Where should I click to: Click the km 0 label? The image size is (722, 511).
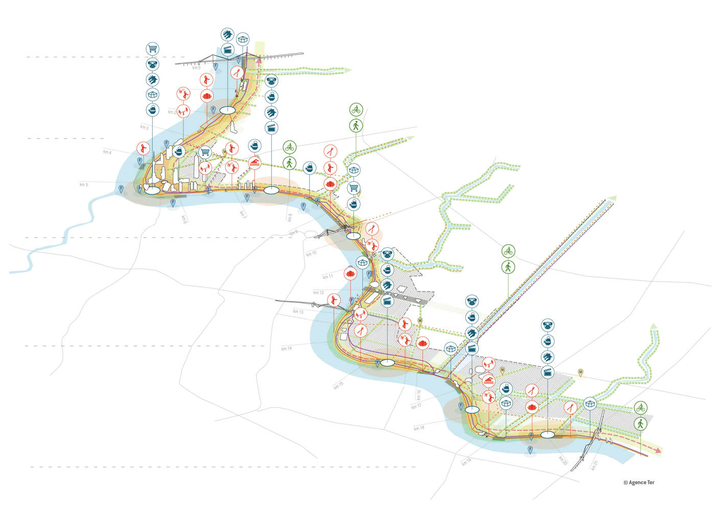coord(196,67)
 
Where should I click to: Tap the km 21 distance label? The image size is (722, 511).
coord(594,466)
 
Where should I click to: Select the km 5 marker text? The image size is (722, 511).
coord(83,184)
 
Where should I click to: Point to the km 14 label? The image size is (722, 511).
coord(286,349)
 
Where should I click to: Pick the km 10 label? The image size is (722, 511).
coord(311,253)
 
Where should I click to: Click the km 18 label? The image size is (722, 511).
coord(419,428)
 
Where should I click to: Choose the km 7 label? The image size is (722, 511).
coord(243,215)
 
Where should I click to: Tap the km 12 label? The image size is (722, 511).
coord(318,292)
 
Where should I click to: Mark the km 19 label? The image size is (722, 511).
coord(466,462)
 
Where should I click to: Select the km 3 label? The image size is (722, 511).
coord(144,127)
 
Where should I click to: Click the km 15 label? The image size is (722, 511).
coord(338,385)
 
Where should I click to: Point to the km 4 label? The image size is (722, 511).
coord(107,152)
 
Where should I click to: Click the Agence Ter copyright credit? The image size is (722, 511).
coord(639,482)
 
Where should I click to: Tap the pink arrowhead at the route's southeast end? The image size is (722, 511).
coord(658,451)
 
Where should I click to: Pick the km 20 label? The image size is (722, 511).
coord(563,460)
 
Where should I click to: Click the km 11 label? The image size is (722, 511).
coord(327,276)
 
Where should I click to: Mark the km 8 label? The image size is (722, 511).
coord(290,217)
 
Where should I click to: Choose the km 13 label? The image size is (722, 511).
coord(298,311)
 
